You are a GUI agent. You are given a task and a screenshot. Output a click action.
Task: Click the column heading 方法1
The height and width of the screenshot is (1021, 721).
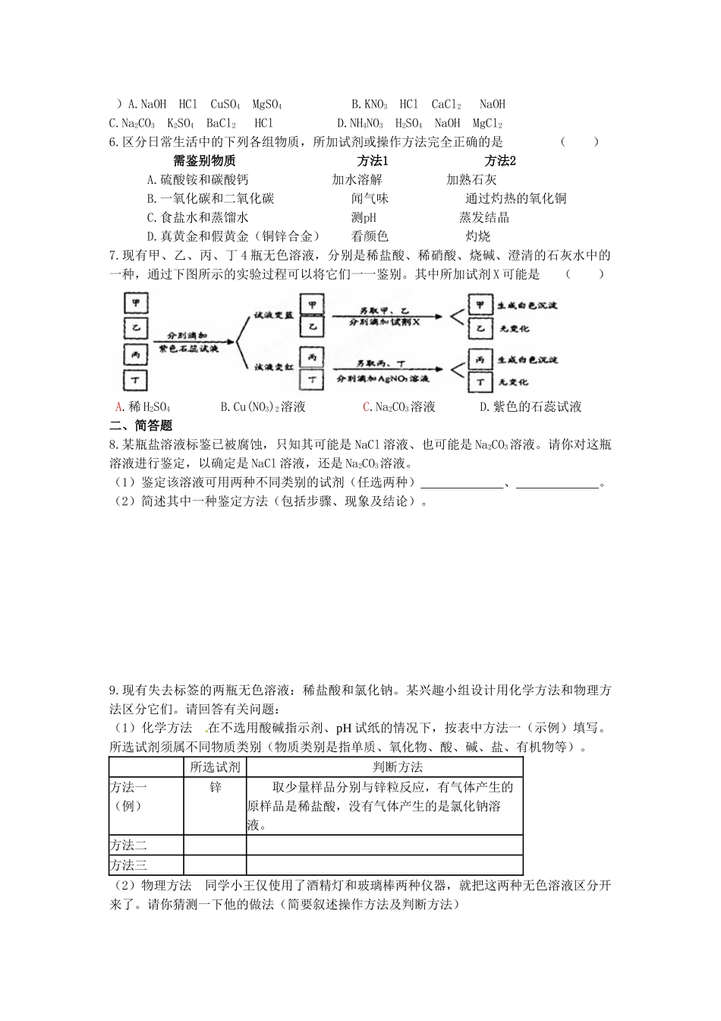pos(373,161)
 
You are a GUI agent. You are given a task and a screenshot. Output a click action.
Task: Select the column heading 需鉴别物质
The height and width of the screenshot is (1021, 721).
pos(204,161)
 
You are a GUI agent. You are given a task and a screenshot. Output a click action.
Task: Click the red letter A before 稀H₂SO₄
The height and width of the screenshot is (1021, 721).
pos(119,407)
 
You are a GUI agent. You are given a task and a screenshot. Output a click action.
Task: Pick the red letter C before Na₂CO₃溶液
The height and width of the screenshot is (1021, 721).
pos(367,407)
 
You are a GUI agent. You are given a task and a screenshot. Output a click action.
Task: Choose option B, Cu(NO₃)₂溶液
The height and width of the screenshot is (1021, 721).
pos(263,407)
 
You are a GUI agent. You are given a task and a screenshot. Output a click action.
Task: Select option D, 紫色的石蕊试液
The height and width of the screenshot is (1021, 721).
pos(531,407)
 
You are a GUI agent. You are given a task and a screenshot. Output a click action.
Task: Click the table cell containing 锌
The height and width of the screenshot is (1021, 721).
pos(216,788)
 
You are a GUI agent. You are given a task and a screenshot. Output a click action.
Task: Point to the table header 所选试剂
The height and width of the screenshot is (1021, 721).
pos(216,767)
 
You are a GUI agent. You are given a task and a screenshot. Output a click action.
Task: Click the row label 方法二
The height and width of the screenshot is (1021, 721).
pos(129,845)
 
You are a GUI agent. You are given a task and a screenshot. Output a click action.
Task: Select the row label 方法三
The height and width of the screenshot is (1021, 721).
pos(129,865)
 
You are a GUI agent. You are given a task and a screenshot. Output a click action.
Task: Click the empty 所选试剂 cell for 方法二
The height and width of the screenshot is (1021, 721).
pos(216,845)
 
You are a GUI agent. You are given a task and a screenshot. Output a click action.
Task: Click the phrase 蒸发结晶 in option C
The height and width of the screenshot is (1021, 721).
pos(484,217)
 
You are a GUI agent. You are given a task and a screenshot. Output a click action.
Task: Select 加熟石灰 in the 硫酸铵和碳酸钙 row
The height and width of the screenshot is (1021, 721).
pos(471,180)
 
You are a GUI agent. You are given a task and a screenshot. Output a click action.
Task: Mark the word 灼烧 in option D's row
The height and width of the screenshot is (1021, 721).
pos(478,236)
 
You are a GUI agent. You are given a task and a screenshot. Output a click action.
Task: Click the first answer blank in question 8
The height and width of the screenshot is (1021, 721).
pos(462,483)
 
